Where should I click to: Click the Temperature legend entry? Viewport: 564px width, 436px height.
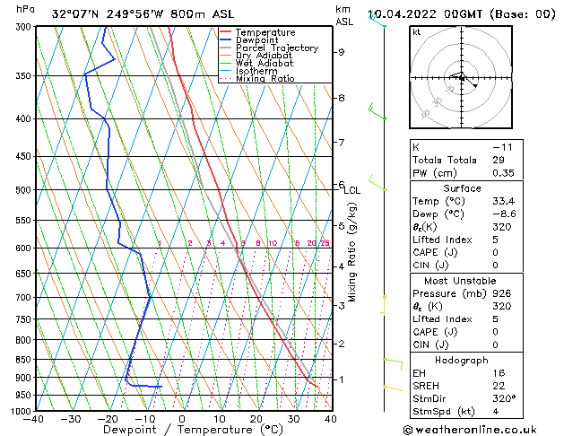265,32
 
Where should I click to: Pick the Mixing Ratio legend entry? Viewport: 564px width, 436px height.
265,79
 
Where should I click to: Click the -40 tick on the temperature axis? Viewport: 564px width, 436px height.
35,419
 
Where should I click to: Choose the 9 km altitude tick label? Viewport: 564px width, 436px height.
342,52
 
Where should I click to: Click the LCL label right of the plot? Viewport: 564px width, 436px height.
351,190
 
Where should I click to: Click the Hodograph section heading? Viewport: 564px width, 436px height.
482,359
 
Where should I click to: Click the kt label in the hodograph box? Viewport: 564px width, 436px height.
416,32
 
